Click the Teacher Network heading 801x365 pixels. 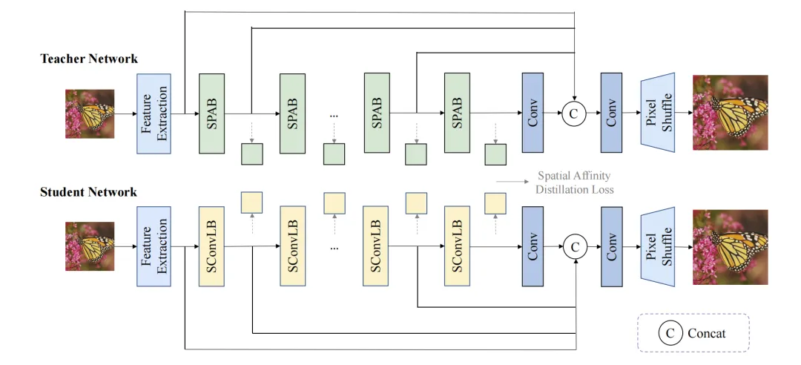(x=89, y=59)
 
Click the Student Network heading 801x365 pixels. (x=89, y=192)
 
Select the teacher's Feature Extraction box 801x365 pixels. (x=154, y=113)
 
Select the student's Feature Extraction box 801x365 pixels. (x=154, y=246)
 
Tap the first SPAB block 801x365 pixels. (x=212, y=113)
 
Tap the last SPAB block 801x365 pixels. (x=457, y=113)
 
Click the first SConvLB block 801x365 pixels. (x=212, y=246)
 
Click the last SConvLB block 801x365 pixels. (x=457, y=246)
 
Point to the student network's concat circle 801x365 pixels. (x=575, y=246)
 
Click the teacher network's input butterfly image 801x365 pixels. (x=90, y=114)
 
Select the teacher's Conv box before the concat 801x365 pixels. (x=533, y=113)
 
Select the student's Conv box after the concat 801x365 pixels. (x=612, y=246)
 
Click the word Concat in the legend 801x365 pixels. (x=707, y=333)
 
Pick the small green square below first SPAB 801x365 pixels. (x=252, y=154)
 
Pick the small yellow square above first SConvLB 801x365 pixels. (x=252, y=202)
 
